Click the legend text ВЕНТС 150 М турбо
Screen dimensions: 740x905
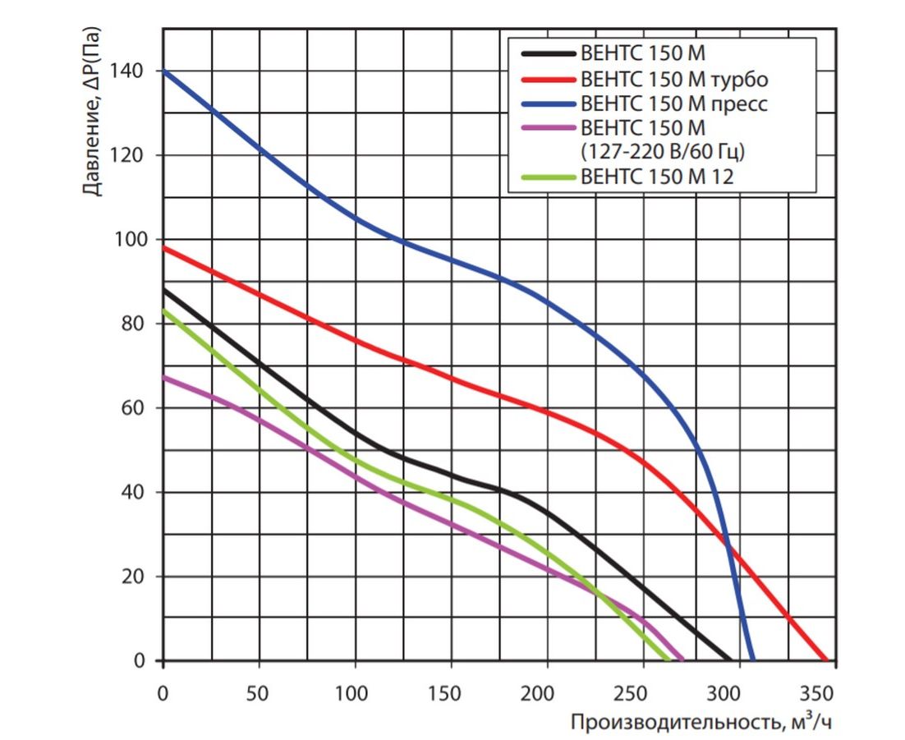673,80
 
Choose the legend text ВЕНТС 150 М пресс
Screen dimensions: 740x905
673,104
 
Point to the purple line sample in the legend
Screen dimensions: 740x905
547,128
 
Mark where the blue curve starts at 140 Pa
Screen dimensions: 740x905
163,71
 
